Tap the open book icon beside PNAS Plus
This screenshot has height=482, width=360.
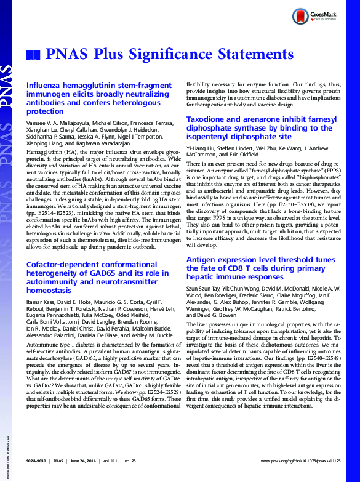click(33, 55)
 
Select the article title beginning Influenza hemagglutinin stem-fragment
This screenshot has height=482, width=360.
click(99, 99)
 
